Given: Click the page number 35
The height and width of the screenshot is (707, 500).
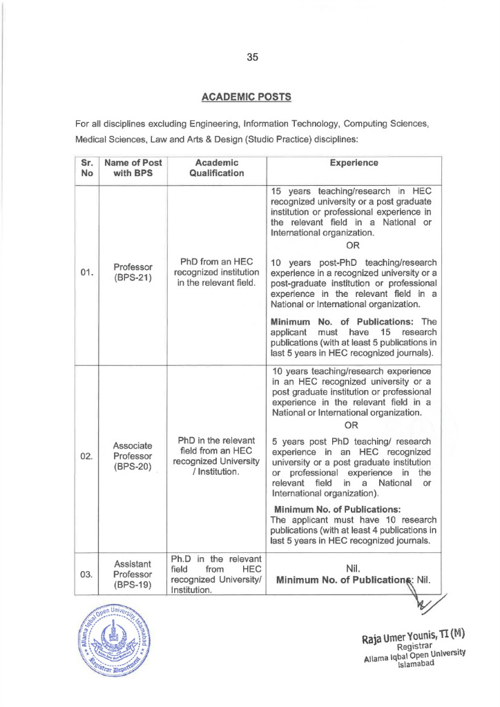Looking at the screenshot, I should point(252,58).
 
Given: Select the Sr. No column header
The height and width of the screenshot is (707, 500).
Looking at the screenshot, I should point(87,168).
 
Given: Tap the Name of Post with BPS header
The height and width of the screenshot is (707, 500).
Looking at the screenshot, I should point(133,168).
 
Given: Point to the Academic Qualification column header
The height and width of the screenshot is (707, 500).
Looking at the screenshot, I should point(217,168).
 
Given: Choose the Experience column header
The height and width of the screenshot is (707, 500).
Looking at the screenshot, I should point(353,163).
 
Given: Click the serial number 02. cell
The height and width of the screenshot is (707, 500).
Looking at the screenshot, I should point(86,456).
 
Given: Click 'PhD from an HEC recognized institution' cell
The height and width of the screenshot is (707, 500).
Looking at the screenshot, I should point(217,271).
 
